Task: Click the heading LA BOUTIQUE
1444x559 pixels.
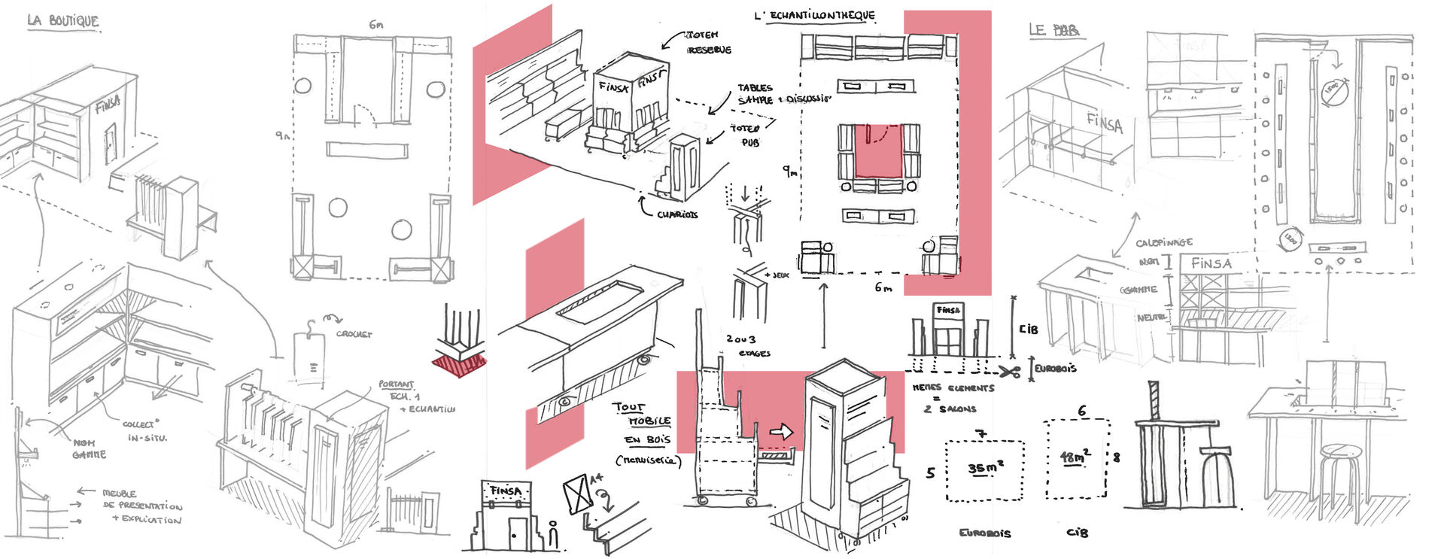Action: tap(62, 21)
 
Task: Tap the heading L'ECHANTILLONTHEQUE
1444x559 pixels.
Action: tap(815, 15)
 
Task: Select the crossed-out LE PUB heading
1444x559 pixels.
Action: tap(1054, 30)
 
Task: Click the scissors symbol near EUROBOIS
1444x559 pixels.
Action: tap(1010, 371)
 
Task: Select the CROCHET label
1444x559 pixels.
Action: tap(354, 333)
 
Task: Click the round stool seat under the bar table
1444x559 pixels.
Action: tap(1341, 452)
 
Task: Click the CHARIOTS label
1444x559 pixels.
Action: tap(676, 214)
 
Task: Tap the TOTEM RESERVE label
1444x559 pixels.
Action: tap(707, 42)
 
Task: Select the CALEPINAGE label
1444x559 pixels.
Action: tap(1163, 243)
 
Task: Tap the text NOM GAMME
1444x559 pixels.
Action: tap(89, 449)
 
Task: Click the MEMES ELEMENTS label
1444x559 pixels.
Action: tap(953, 388)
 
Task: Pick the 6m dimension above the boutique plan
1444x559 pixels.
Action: tap(375, 25)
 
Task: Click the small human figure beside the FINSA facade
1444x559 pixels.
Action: tap(554, 535)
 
